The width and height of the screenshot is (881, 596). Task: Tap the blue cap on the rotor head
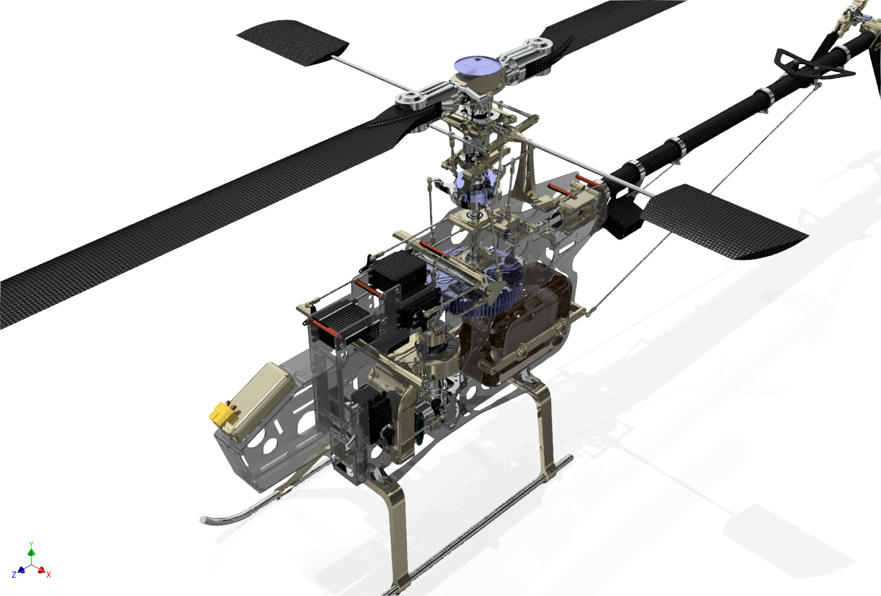tap(477, 66)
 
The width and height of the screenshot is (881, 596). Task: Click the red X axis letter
tap(48, 575)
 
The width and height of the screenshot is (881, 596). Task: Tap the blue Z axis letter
tap(14, 575)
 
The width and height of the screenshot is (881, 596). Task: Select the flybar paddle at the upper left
tap(293, 41)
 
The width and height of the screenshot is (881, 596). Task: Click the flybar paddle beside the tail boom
tap(724, 222)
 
